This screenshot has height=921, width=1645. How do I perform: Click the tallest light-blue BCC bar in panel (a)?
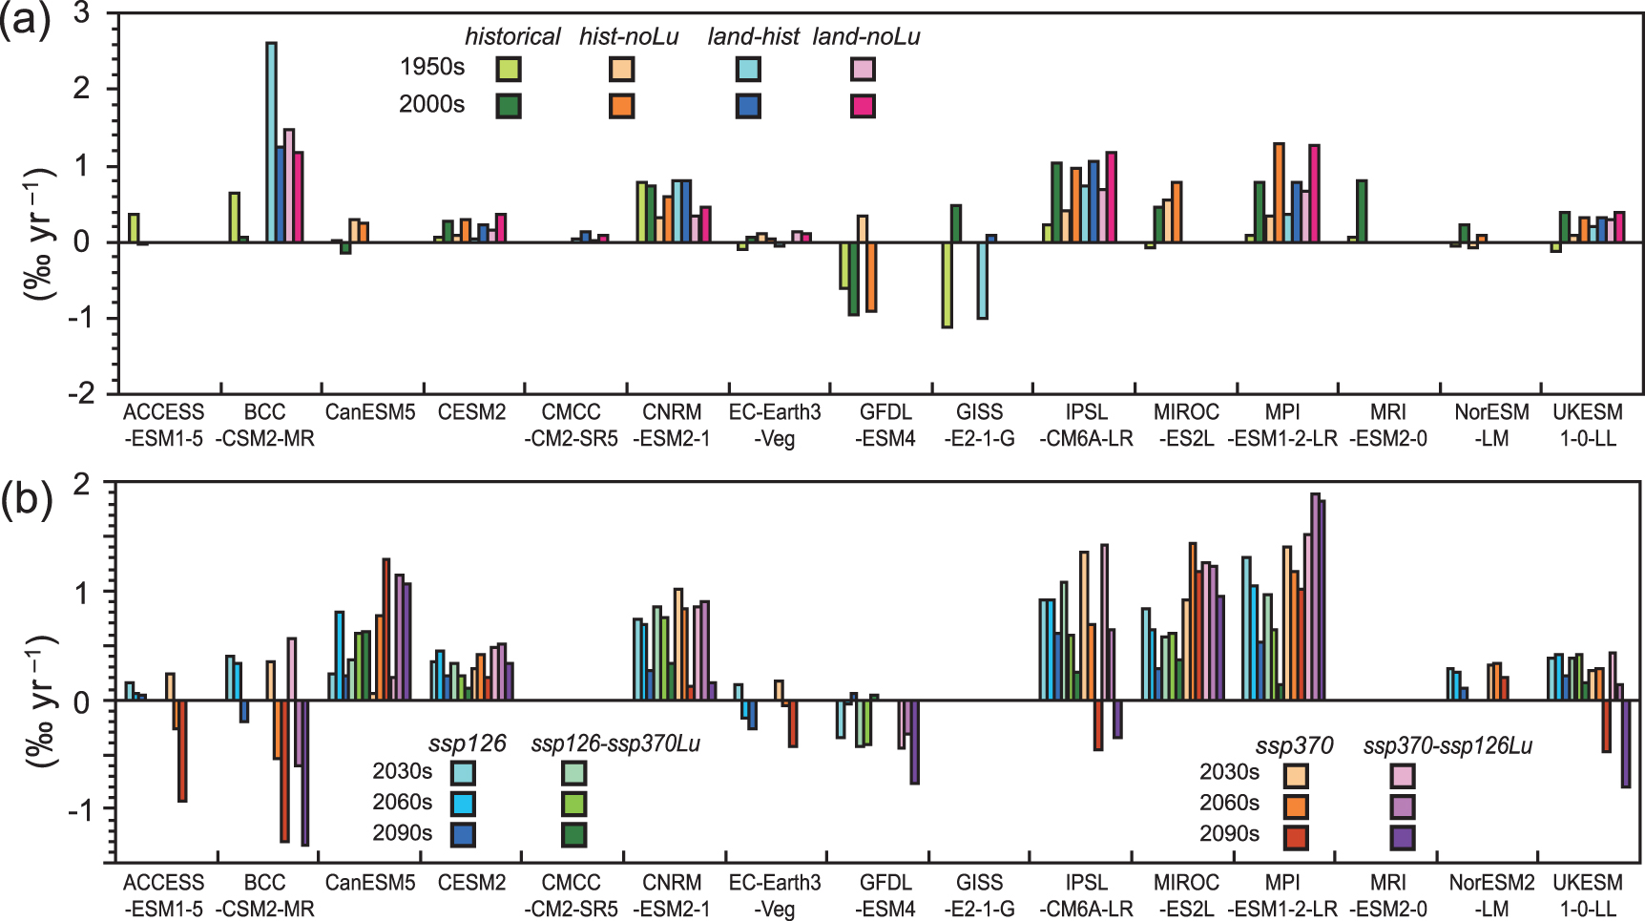tap(271, 142)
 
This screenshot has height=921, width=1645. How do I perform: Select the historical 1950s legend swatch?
tap(509, 69)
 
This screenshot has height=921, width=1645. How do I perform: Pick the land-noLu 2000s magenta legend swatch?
tap(863, 105)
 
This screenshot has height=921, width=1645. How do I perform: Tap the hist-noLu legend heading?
tap(629, 36)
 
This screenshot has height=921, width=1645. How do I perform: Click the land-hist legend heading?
tap(753, 36)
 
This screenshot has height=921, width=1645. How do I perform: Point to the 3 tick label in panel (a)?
tap(81, 13)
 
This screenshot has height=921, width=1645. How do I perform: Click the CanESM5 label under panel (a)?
tap(370, 412)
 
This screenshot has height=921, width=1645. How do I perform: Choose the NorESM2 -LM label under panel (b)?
tap(1491, 895)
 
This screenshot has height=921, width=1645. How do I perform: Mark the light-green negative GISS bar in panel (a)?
tap(947, 285)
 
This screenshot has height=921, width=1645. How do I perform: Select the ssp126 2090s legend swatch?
tap(464, 833)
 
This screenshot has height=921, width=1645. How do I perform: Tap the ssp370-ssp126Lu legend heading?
tap(1447, 745)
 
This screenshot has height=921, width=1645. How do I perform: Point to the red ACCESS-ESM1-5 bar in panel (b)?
tap(182, 751)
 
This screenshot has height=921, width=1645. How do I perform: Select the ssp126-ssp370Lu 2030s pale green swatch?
tap(574, 772)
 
